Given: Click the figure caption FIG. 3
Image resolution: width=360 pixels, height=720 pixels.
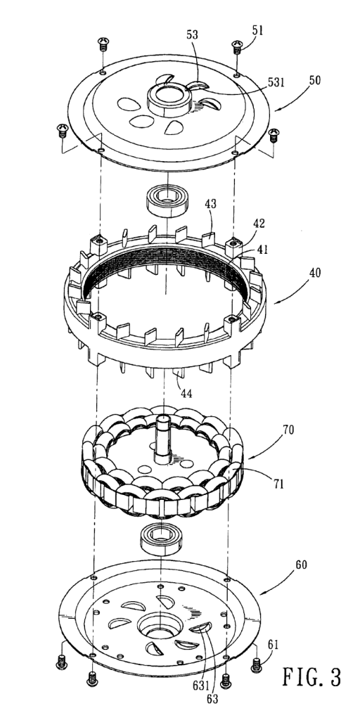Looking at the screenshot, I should [x=312, y=678].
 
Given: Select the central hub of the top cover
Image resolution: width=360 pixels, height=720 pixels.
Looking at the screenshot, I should [x=169, y=99].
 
